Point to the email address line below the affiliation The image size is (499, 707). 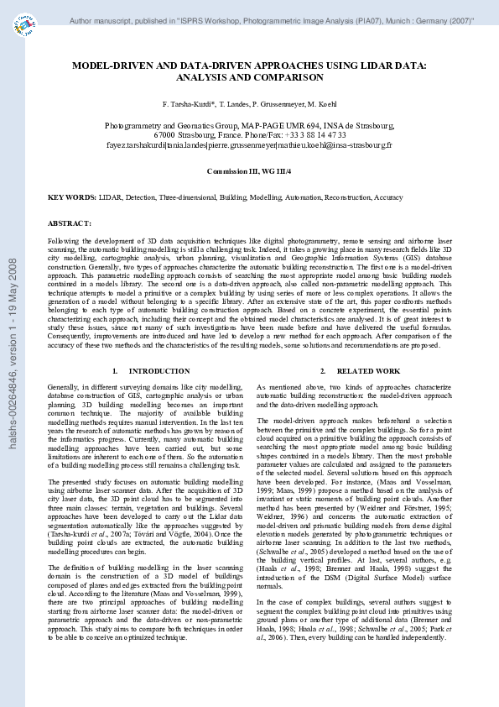(x=249, y=144)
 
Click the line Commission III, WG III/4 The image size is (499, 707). (x=249, y=170)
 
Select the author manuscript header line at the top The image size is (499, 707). (x=271, y=18)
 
